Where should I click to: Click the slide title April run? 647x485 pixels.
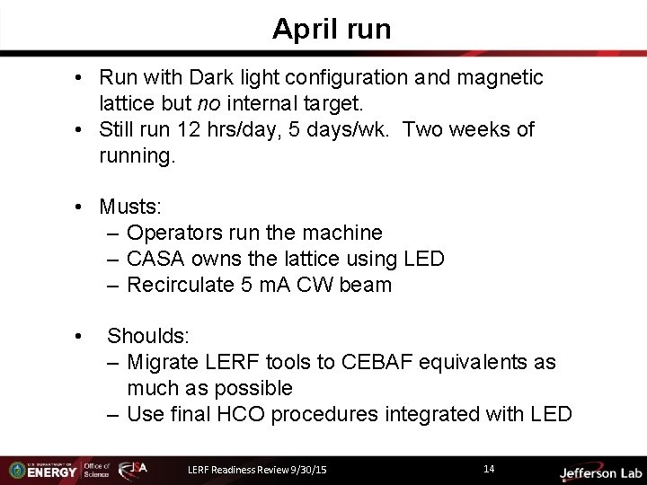332,29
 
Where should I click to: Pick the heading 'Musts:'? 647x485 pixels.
130,207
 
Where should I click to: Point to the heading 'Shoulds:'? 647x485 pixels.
148,337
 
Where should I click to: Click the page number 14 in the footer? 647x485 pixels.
489,468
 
